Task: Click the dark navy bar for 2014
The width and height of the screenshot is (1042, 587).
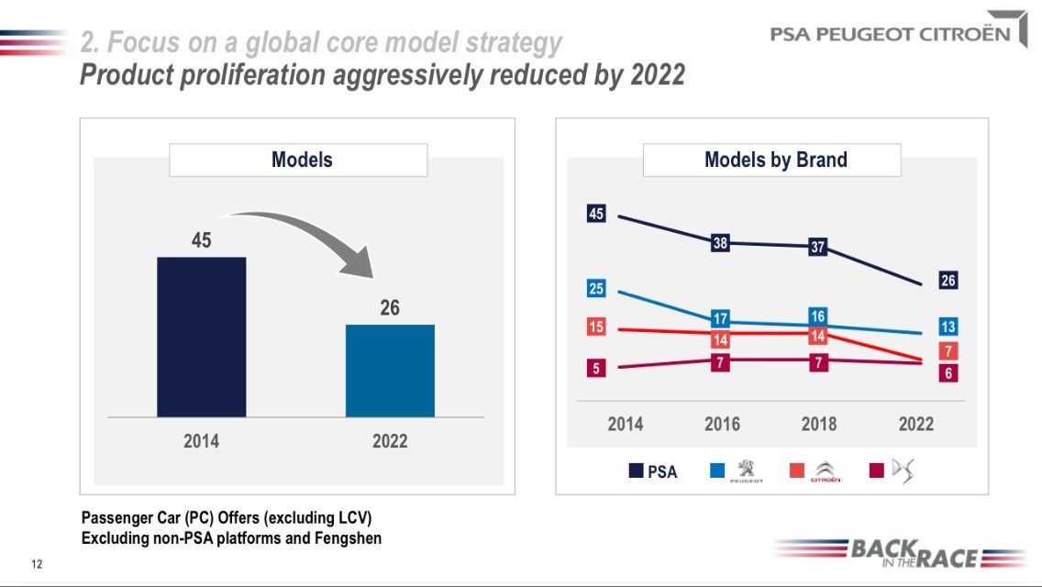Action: point(201,337)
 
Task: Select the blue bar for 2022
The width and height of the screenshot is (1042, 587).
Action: point(390,371)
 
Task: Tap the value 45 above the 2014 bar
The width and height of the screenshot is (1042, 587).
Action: point(201,240)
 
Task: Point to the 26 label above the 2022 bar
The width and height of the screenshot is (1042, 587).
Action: point(390,308)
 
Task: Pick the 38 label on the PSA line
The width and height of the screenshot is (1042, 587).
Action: point(720,244)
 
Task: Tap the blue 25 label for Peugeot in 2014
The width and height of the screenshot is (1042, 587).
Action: point(596,289)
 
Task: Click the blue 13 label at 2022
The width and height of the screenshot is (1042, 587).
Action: point(948,327)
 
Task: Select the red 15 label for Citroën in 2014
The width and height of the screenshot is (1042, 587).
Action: point(596,327)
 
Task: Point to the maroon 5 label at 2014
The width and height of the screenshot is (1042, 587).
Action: point(596,369)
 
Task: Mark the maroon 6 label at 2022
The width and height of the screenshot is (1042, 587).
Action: point(948,373)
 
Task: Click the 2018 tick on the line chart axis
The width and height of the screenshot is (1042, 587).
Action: point(818,424)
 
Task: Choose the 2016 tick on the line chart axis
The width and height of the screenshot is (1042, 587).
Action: point(722,424)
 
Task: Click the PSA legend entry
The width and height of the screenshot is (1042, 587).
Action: point(653,471)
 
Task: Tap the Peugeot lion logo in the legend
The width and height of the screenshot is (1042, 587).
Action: point(745,471)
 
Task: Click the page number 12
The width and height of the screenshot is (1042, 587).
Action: point(37,563)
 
